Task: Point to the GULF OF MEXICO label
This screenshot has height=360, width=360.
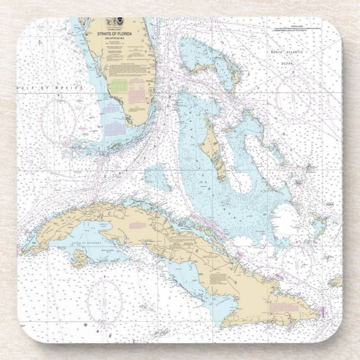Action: click(50, 88)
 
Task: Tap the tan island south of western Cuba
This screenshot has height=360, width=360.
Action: click(79, 257)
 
